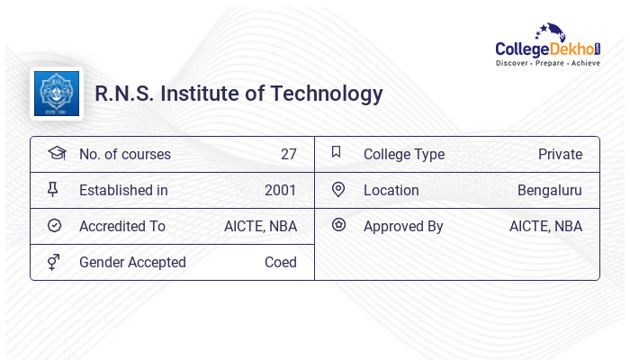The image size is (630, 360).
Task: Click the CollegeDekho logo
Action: (547, 46)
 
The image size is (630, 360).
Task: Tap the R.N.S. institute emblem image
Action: (57, 94)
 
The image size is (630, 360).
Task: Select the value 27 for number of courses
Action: (288, 154)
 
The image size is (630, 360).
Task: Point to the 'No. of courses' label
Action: (124, 154)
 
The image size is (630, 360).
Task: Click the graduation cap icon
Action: (56, 153)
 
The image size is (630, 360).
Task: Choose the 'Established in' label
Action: (123, 190)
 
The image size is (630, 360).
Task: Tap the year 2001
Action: (280, 190)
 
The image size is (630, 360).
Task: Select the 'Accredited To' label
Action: (122, 226)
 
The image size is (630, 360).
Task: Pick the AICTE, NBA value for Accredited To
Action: (260, 226)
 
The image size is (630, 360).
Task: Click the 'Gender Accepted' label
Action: (132, 262)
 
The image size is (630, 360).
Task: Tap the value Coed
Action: (280, 262)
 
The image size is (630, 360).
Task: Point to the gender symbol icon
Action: (55, 262)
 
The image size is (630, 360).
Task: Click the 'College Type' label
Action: (404, 154)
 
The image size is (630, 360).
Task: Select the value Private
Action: (560, 154)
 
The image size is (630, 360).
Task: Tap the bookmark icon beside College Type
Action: (337, 153)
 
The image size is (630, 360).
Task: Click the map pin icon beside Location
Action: (338, 190)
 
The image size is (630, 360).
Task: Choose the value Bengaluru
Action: (549, 190)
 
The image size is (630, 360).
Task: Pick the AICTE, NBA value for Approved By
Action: (545, 226)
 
